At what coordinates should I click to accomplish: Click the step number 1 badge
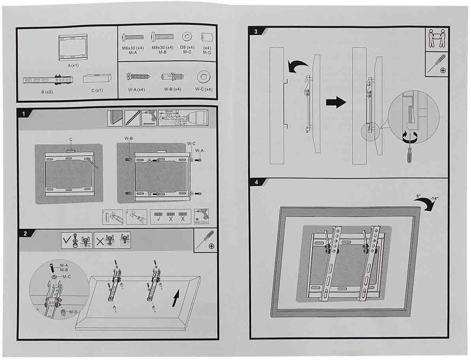[24, 114]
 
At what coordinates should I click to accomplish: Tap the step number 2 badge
[25, 233]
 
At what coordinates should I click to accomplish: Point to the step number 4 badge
[256, 183]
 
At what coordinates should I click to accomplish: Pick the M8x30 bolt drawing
[162, 38]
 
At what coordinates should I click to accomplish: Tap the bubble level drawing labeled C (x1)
[97, 78]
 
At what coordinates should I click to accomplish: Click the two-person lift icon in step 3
[437, 39]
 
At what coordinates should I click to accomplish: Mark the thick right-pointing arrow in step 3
[336, 102]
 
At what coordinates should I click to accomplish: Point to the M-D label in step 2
[73, 312]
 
